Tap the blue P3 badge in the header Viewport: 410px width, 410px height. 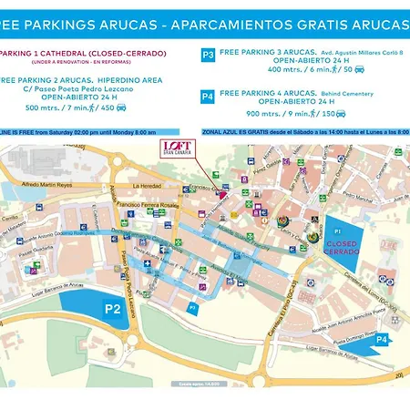(208, 56)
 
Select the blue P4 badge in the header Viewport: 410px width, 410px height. (208, 95)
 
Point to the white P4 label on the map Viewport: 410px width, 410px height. (382, 339)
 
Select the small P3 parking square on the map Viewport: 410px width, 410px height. (192, 308)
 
